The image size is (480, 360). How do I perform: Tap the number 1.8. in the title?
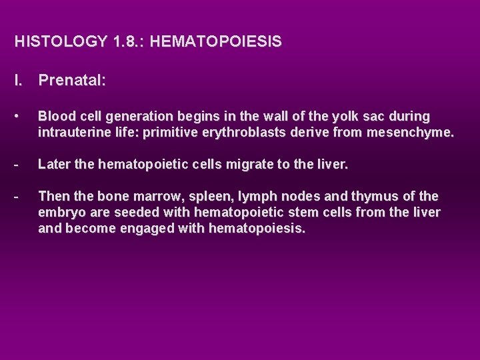click(127, 41)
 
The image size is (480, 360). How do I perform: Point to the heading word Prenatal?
click(72, 81)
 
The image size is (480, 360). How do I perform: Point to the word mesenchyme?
click(408, 133)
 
